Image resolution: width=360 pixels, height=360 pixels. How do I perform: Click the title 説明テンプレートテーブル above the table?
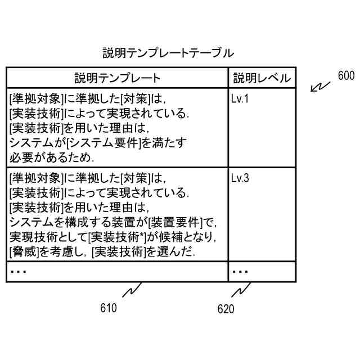pos(168,53)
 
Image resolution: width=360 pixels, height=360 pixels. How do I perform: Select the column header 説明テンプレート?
pos(118,78)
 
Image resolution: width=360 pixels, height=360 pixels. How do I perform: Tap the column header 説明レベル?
pos(262,78)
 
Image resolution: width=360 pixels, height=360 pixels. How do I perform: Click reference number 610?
pos(108,308)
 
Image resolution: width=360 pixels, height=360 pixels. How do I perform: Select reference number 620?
pos(226,309)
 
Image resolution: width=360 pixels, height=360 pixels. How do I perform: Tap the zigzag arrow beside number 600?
pos(321,86)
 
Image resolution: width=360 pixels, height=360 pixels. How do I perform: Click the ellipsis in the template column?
pos(19,271)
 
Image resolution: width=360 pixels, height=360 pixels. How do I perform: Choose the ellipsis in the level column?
pos(240,271)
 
